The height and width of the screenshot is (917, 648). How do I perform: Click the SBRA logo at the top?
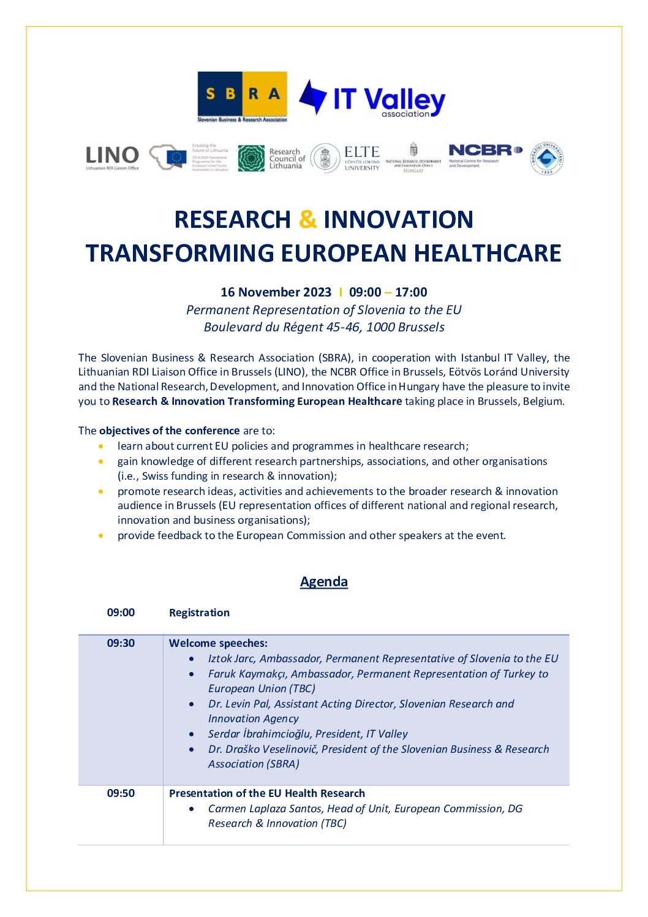pyautogui.click(x=242, y=97)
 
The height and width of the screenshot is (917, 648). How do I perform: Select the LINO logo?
pyautogui.click(x=112, y=157)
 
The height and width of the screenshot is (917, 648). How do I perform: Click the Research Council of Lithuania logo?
pyautogui.click(x=271, y=158)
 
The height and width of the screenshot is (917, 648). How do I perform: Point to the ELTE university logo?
pyautogui.click(x=346, y=159)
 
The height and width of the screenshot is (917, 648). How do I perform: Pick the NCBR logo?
pyautogui.click(x=484, y=154)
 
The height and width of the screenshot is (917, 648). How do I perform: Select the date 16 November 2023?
pyautogui.click(x=276, y=292)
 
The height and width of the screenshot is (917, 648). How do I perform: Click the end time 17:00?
pyautogui.click(x=411, y=292)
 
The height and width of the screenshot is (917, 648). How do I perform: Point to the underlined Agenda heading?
pyautogui.click(x=323, y=581)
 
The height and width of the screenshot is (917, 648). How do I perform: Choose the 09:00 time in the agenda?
pyautogui.click(x=121, y=613)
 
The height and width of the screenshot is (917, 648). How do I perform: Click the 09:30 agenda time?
pyautogui.click(x=121, y=643)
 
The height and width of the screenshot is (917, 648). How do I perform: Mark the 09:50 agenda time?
pyautogui.click(x=121, y=793)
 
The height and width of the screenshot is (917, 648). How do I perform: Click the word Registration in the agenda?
pyautogui.click(x=199, y=613)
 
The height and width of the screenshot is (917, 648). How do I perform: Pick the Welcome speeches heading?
pyautogui.click(x=218, y=643)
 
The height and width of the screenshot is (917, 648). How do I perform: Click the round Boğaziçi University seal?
pyautogui.click(x=546, y=159)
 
